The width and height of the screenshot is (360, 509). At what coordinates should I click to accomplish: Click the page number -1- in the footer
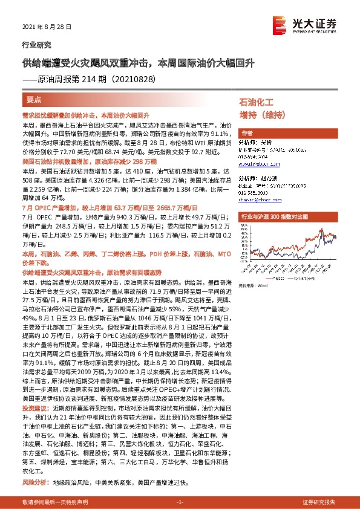coord(179,502)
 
